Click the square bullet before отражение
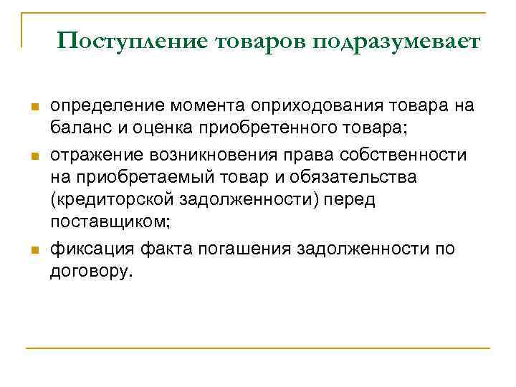(33, 157)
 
